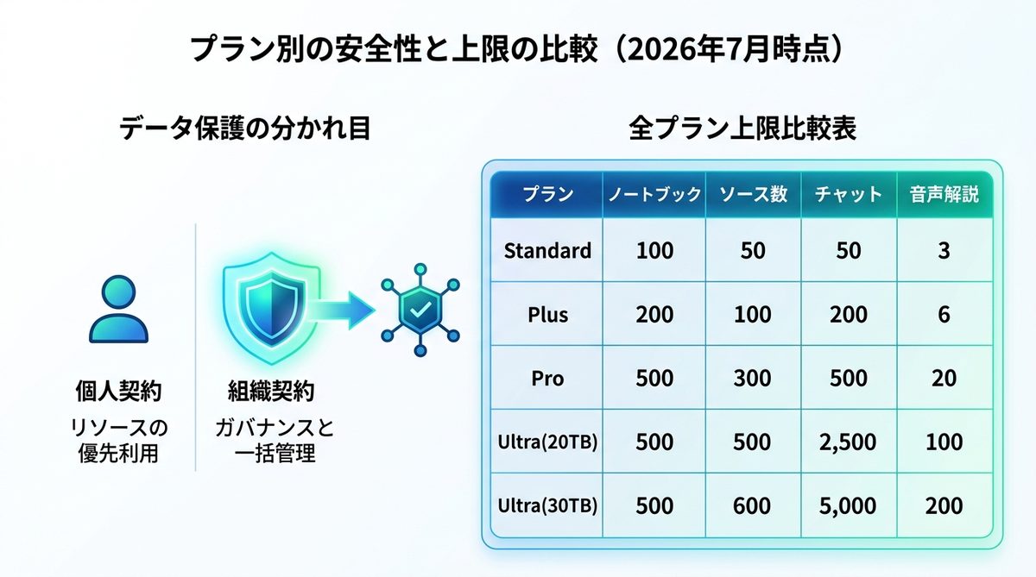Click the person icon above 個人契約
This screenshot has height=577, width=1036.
pos(118,309)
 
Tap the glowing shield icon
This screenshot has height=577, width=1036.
pos(271,308)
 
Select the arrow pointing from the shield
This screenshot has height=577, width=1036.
pos(342,310)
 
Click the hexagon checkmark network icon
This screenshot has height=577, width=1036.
pos(420,310)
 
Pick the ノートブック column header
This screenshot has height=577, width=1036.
pos(654,194)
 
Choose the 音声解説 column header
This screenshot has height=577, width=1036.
pos(944,194)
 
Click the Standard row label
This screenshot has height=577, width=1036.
pos(547,251)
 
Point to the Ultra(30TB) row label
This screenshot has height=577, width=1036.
pos(547,505)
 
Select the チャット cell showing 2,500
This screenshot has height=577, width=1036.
pos(848,442)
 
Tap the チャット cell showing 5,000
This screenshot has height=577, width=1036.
pos(848,506)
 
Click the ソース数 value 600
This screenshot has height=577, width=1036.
pos(752,506)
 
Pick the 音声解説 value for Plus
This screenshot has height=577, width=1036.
pos(944,315)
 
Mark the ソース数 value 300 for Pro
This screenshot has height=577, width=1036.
pos(752,379)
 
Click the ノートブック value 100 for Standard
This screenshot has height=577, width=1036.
pos(654,251)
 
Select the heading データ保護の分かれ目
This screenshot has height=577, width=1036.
pos(245,128)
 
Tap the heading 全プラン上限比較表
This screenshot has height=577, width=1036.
pos(742,128)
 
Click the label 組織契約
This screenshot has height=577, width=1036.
pos(271,391)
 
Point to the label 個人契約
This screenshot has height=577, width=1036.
pos(118,391)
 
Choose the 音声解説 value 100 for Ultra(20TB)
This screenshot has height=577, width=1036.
pos(944,442)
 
